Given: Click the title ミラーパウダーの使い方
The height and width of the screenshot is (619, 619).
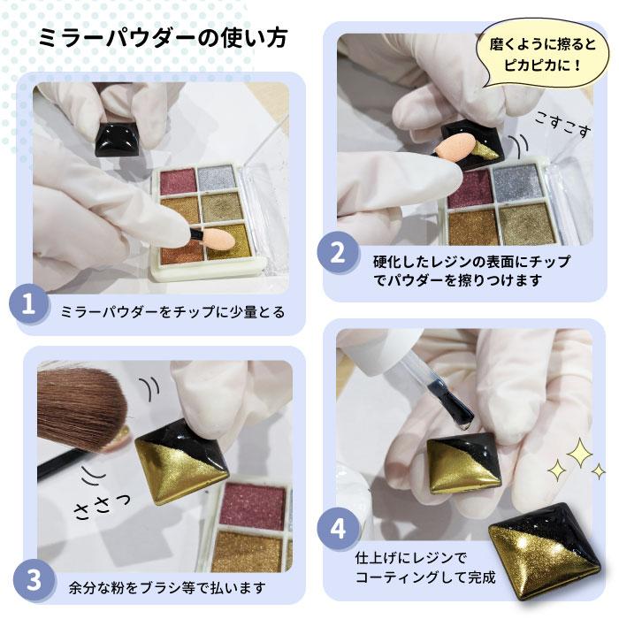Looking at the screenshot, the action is click(x=163, y=39).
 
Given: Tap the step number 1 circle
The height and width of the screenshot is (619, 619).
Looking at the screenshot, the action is click(x=28, y=305).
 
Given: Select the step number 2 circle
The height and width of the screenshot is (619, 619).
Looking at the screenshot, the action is click(x=338, y=253).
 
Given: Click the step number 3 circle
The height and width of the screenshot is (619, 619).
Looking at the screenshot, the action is click(x=33, y=581).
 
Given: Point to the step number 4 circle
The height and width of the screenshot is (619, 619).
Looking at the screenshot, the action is click(x=338, y=528).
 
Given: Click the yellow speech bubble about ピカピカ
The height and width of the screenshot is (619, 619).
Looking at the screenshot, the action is click(x=541, y=54).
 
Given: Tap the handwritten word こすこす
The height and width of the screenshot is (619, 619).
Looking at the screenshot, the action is click(x=563, y=125).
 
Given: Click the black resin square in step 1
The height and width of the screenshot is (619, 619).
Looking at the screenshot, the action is click(x=118, y=138).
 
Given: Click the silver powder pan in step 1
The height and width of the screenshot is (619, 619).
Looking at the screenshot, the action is click(x=217, y=177).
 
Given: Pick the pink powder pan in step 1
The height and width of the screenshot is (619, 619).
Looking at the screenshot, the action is click(x=178, y=181).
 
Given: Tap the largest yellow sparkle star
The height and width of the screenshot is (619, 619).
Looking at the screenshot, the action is click(x=579, y=454).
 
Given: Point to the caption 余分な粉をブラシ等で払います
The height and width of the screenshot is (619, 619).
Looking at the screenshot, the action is click(x=166, y=588).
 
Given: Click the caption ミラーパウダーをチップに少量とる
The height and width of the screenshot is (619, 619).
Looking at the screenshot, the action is click(x=172, y=312).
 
